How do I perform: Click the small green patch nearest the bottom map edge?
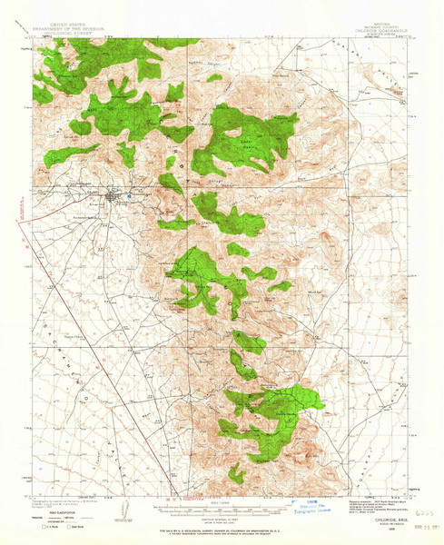tap(236, 473)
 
